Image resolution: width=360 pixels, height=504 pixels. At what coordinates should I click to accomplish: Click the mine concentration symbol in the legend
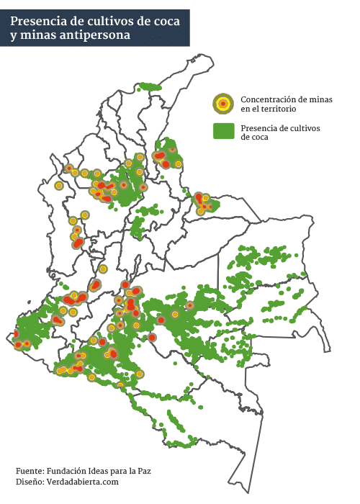tap(223, 104)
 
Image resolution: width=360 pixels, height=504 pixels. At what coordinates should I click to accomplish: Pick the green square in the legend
tap(223, 132)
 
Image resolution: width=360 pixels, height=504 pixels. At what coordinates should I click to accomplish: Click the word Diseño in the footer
tap(29, 481)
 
